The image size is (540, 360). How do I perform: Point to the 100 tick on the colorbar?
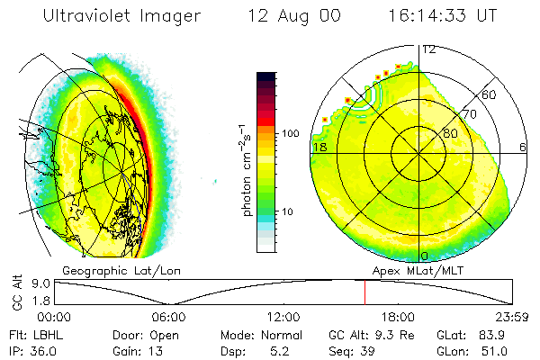[x=289, y=133]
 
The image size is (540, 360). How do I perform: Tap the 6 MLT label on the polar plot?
[x=523, y=147]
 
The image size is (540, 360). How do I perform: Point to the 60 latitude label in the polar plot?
[x=490, y=94]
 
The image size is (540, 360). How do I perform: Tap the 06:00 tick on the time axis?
[x=168, y=317]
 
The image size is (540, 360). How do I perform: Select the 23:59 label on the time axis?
[x=511, y=317]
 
